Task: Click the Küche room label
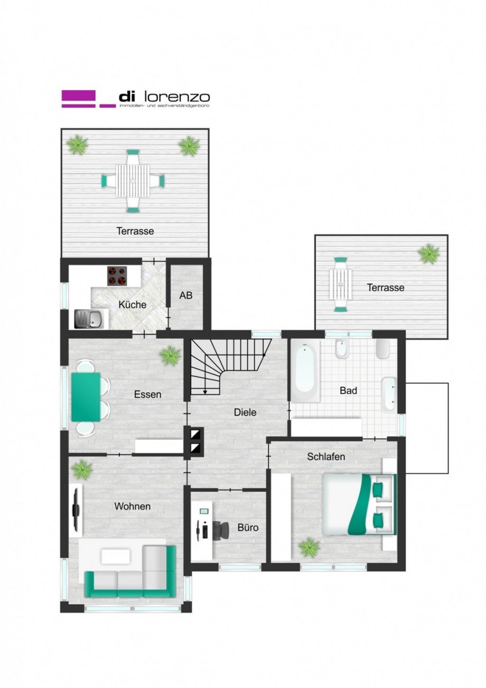pos(132,305)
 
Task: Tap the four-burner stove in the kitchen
pos(117,275)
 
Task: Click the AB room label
pos(185,296)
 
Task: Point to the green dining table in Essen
pos(86,397)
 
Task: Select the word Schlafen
pos(326,457)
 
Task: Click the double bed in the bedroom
pos(359,504)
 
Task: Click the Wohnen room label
pos(132,506)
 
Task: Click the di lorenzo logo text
pos(164,97)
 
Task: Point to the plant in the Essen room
pos(170,356)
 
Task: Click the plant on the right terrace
pos(428,254)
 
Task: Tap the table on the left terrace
pos(132,181)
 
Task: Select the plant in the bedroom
pos(308,547)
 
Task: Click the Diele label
pos(245,412)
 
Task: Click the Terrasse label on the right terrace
pos(386,287)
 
